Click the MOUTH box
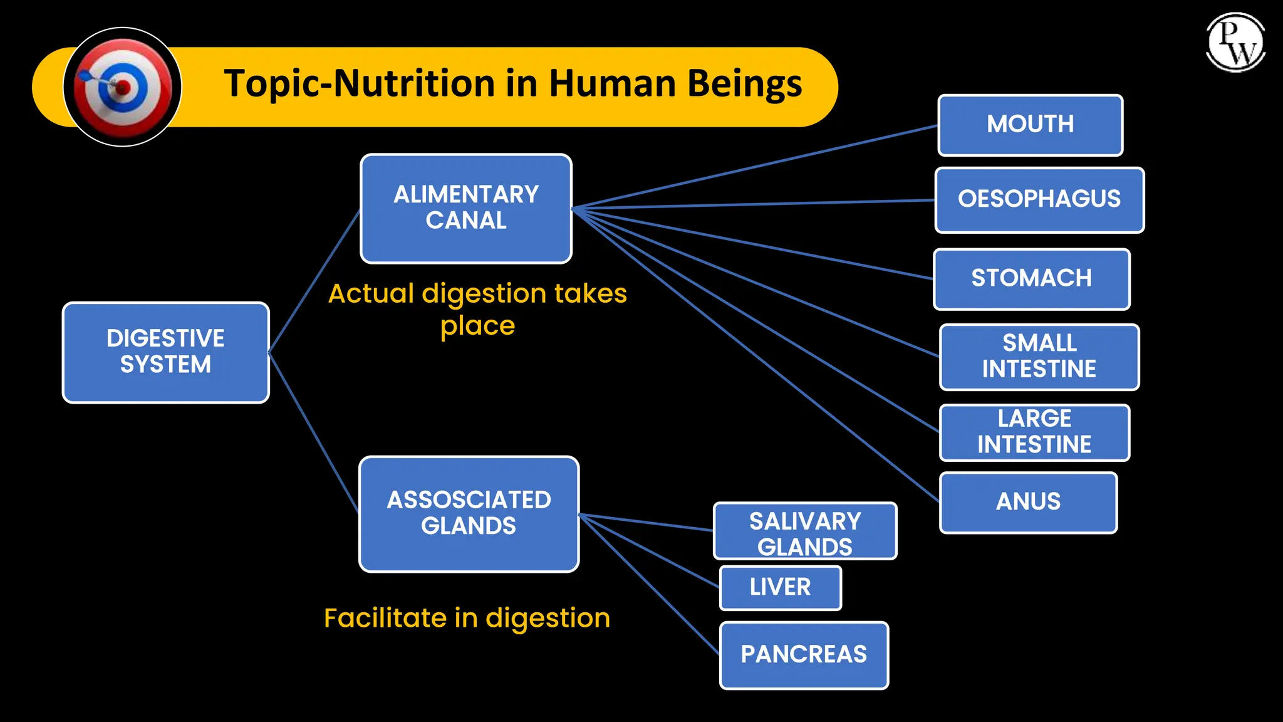[x=1030, y=125]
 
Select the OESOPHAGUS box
[x=1039, y=200]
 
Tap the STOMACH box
[x=1031, y=279]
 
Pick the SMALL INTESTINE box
[x=1039, y=357]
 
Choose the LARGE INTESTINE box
[x=1034, y=432]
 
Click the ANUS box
[x=1028, y=502]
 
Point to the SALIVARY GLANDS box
[x=805, y=531]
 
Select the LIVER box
[x=780, y=587]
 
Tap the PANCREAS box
[x=804, y=655]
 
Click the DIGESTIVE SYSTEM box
[x=165, y=352]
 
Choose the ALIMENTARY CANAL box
[x=465, y=208]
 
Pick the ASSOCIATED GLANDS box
[x=469, y=513]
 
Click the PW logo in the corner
[x=1235, y=42]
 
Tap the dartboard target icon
[x=123, y=87]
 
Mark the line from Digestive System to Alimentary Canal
[x=314, y=281]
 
